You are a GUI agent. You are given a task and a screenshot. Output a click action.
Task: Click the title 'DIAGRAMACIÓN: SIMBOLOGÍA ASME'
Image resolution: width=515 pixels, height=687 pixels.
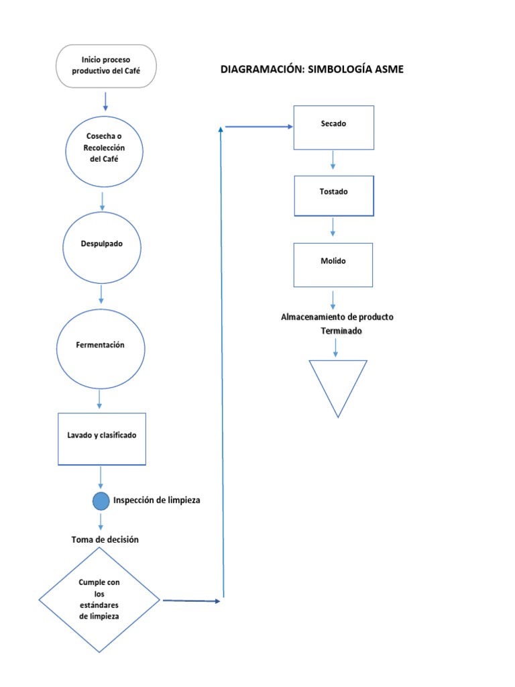[x=312, y=69]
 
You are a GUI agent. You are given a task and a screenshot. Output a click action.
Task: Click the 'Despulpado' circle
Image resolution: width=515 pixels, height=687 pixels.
[x=102, y=244]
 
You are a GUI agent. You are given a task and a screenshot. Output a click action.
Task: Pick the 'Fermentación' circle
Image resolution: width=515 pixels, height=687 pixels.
[x=101, y=345]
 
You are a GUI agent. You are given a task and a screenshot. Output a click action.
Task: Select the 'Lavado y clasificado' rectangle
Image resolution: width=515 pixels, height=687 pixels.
[x=101, y=435]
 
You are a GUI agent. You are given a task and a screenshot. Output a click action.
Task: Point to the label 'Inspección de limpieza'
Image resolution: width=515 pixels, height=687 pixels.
[x=156, y=500]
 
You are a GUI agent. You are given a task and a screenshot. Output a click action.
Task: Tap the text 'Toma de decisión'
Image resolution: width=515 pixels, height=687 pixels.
[x=105, y=539]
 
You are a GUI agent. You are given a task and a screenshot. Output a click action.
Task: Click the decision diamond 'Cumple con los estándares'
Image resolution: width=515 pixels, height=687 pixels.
[x=99, y=599]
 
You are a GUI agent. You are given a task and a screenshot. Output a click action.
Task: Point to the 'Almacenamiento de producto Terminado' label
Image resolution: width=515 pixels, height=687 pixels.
[x=337, y=323]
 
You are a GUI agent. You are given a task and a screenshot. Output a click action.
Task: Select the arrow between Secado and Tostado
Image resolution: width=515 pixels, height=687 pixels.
[x=333, y=160]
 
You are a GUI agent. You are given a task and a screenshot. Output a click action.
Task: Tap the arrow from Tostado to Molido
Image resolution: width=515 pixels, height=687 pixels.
[x=333, y=228]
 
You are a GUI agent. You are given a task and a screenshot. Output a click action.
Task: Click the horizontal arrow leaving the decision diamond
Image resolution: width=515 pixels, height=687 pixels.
[x=191, y=601]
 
